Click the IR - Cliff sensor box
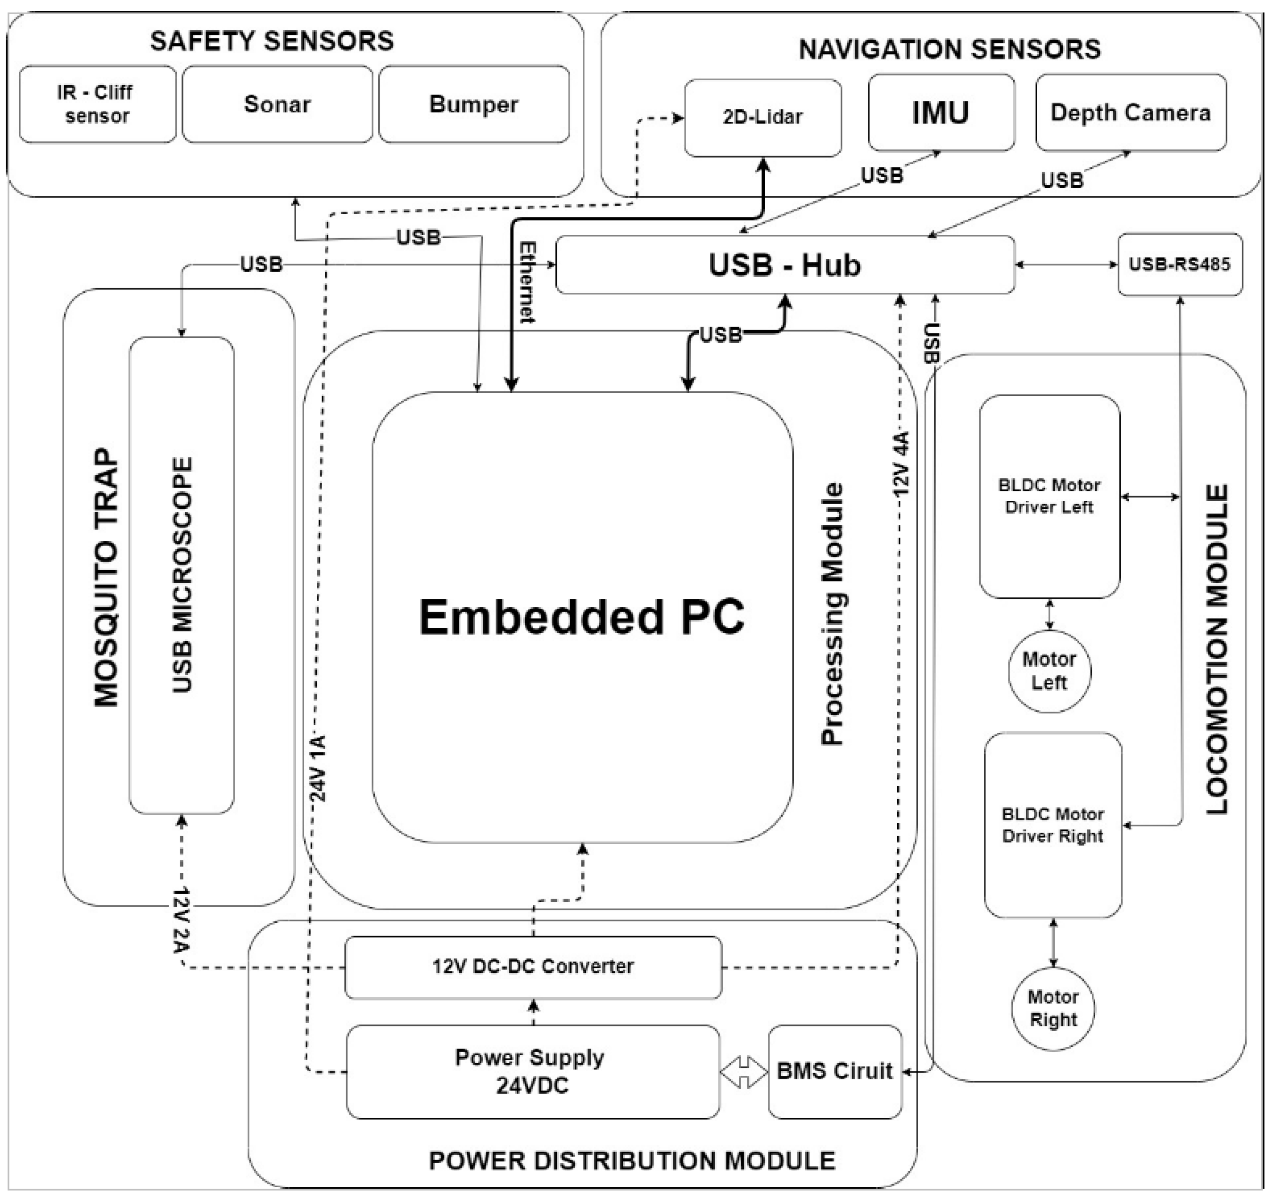97,104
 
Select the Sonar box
277,104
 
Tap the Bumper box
474,104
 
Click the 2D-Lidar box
763,118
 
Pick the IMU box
941,113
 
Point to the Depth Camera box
1131,113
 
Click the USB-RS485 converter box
1180,265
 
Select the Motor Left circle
1049,671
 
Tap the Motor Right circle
1053,1009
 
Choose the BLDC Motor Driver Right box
1053,826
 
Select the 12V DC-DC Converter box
533,968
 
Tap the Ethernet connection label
527,282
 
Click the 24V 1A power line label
318,769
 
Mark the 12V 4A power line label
901,463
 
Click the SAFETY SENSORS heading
272,41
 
